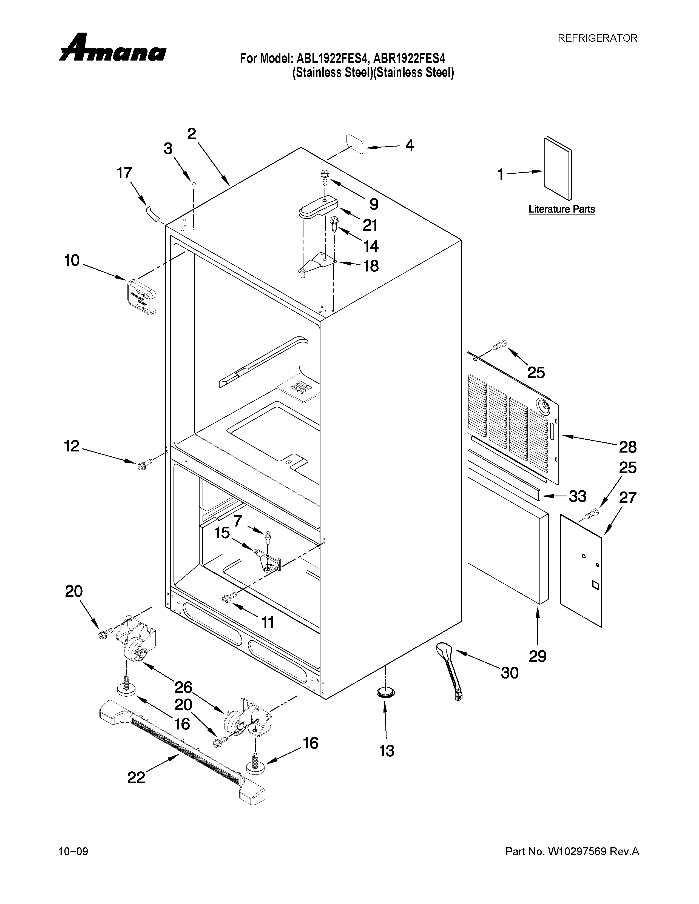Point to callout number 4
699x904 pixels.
point(409,146)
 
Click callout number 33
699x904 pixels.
point(577,496)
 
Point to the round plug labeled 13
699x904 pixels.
point(385,691)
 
